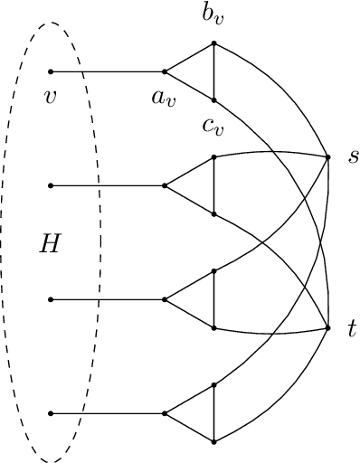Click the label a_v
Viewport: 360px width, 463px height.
[x=163, y=92]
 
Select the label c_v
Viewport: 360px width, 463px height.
[x=213, y=127]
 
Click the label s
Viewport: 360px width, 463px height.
[x=353, y=156]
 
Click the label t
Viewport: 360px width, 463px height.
[x=352, y=327]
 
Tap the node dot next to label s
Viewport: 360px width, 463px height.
[x=327, y=156]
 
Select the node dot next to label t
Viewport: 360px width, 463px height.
[x=327, y=327]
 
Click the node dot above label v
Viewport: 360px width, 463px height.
[x=51, y=71]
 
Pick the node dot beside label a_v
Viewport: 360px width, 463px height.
[x=164, y=71]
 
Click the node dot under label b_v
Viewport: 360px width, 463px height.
[x=213, y=43]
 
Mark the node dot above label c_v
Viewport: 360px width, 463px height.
[x=213, y=99]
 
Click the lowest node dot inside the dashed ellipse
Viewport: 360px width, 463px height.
[x=51, y=413]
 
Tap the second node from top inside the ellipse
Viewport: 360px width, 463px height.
[x=51, y=185]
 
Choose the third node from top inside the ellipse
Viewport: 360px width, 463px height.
[x=51, y=299]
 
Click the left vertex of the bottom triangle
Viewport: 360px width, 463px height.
[x=164, y=413]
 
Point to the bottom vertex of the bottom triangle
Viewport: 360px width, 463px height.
[x=213, y=441]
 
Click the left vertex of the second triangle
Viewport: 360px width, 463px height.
[x=164, y=185]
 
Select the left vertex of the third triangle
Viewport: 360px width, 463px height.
[x=164, y=299]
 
